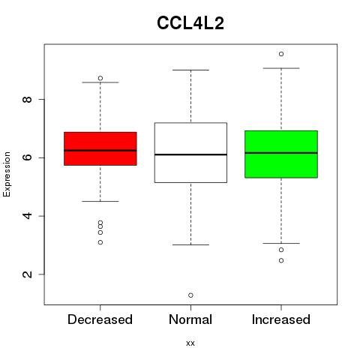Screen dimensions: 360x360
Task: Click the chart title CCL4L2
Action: point(190,23)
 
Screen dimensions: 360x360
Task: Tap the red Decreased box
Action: point(100,148)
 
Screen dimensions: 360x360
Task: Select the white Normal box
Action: point(190,152)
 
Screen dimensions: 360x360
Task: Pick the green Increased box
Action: point(281,154)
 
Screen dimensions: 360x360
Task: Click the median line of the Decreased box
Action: point(100,151)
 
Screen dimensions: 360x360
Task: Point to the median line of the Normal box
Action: point(190,154)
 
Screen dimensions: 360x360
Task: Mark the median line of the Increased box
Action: point(281,153)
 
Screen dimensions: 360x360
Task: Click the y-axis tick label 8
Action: point(27,100)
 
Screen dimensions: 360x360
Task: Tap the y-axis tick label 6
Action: point(27,157)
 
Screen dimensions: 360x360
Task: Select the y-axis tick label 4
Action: point(27,216)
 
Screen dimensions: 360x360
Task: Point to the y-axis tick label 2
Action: point(27,274)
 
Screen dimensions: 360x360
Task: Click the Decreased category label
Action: point(100,319)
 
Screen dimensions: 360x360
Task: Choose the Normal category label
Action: point(190,319)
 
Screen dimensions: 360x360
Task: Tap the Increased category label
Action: point(281,319)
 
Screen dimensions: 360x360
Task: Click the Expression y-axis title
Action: point(7,174)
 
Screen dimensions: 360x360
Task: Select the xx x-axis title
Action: point(190,343)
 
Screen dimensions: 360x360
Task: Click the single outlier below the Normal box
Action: point(190,295)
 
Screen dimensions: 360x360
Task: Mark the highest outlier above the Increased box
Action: point(281,54)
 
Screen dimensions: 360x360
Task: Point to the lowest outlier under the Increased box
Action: point(281,261)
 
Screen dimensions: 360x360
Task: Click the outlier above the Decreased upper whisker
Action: point(100,78)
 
